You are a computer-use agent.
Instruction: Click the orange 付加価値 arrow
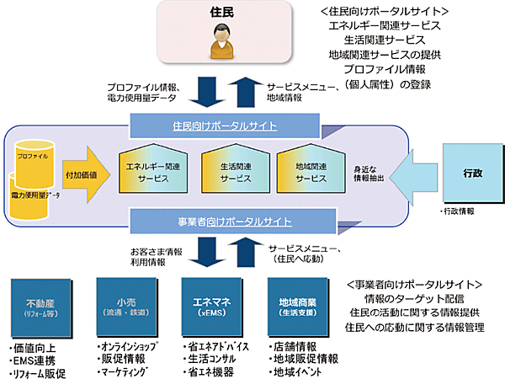81,174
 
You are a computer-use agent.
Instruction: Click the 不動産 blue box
40,306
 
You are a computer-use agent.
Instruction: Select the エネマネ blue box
210,306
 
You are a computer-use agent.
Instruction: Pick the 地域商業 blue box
292,306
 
